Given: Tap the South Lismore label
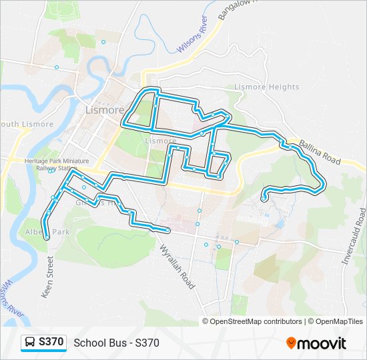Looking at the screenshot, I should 27,125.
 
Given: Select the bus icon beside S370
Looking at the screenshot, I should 30,343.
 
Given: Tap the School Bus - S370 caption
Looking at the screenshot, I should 116,343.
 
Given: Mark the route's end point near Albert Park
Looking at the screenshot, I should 47,237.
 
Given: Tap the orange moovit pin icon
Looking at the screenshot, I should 292,343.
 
